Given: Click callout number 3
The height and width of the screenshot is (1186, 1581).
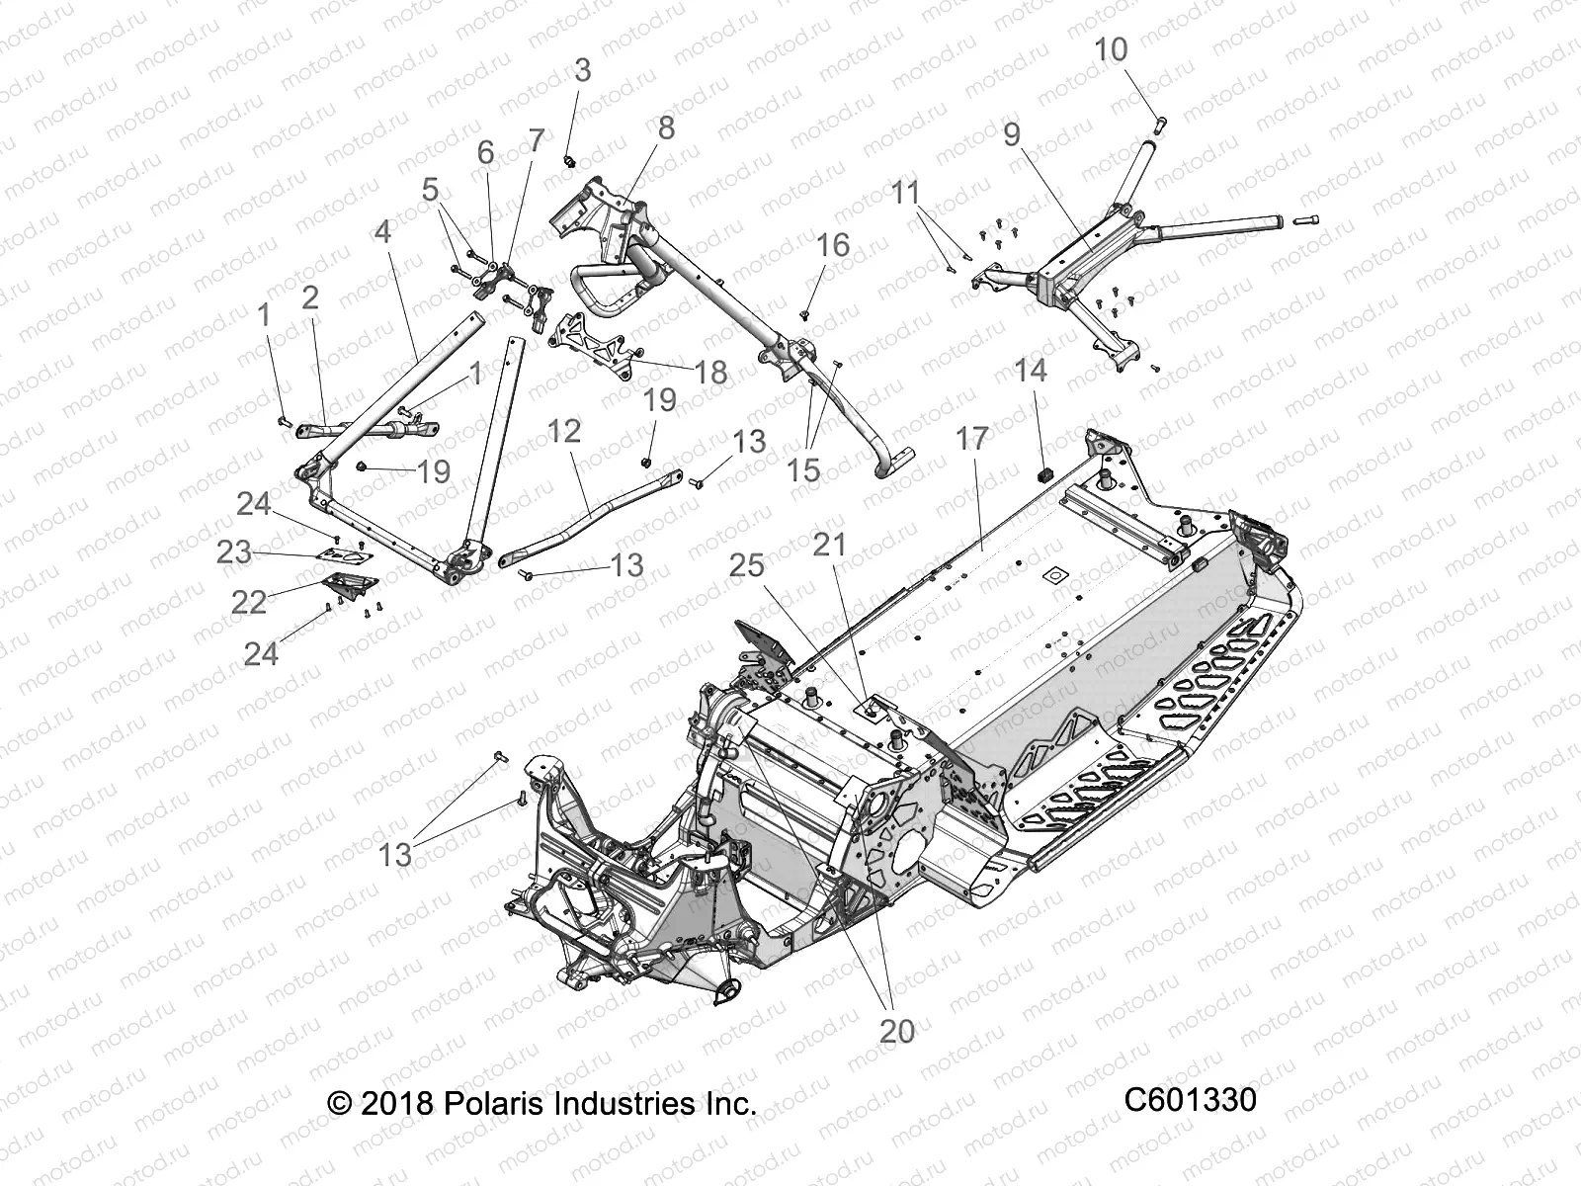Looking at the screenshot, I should pos(583,70).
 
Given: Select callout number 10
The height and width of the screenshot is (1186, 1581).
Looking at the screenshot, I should pos(1111,49).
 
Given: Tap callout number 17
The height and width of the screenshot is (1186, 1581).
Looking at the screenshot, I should pos(972,439).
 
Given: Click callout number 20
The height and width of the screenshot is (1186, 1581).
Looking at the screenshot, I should pos(896,1031).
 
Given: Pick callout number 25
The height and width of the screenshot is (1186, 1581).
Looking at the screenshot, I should pos(747,565).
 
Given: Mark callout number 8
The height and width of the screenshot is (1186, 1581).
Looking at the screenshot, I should pos(666,127).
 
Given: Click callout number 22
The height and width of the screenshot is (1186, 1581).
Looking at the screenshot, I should pos(249,601).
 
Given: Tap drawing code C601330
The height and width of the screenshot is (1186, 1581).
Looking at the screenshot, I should pos(1190,1100).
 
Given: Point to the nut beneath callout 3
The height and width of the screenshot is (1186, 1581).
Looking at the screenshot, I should pos(570,159).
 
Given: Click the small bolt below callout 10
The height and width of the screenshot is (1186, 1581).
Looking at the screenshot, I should pos(1161,123).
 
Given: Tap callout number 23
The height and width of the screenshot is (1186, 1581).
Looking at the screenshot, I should pos(234,551).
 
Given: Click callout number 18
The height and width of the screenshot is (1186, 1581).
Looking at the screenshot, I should pos(710,373).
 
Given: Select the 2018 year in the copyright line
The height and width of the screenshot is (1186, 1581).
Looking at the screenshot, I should pos(395,1103).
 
